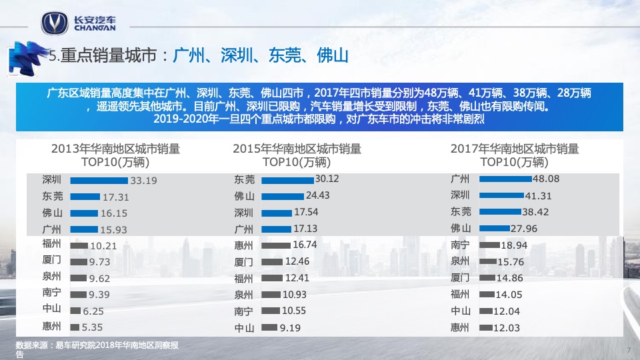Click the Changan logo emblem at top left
tap(54, 23)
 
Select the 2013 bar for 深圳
tap(99, 180)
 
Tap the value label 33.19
tap(144, 180)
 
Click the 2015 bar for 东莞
tap(287, 180)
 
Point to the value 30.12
tap(327, 179)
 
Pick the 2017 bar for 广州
tap(505, 179)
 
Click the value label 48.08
tap(545, 179)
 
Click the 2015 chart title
tap(297, 155)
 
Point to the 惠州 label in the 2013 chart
tap(51, 327)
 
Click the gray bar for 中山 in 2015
tap(269, 327)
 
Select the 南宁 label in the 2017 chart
tap(461, 245)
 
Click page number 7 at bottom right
tap(629, 351)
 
